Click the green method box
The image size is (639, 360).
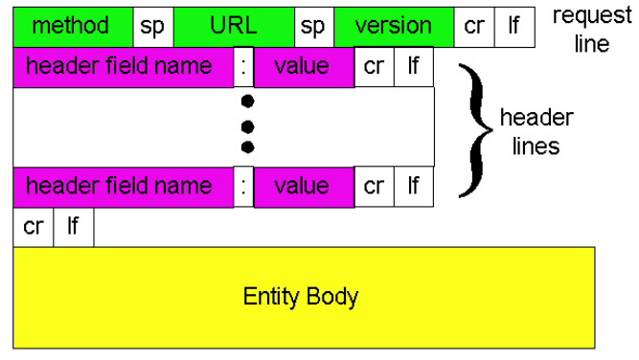point(71,24)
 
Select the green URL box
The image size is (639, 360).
point(234,24)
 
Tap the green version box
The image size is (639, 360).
point(393,24)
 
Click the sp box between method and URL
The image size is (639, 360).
point(152,24)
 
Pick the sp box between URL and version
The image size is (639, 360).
point(314,24)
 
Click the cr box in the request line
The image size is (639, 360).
point(473,24)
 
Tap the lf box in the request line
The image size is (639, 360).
point(514,24)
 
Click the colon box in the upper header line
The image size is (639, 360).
point(244,67)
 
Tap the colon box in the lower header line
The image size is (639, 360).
point(244,185)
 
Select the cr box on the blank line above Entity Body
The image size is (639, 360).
point(33,227)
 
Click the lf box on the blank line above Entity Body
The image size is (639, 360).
point(73,227)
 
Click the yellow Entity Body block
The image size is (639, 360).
point(302,296)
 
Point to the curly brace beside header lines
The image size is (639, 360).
point(469,128)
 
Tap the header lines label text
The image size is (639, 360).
point(536,132)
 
